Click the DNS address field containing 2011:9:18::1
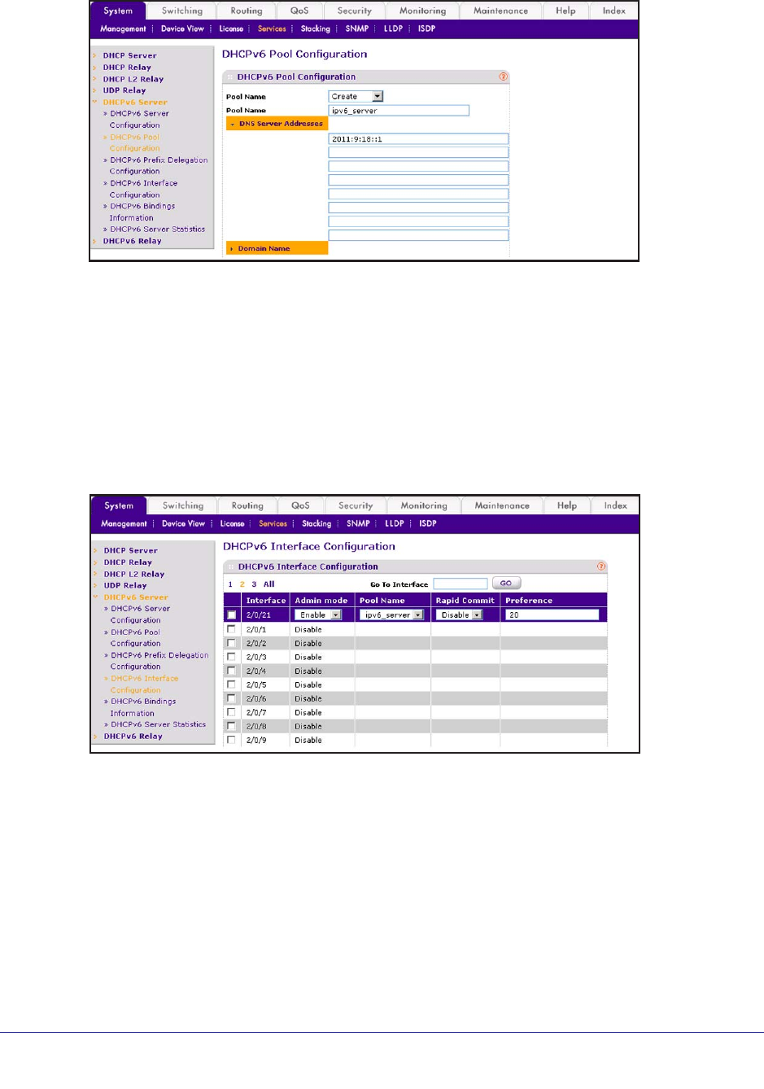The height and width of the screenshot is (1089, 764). click(x=418, y=139)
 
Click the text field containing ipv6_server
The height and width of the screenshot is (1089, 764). click(x=399, y=111)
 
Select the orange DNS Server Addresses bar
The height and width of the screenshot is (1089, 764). click(x=277, y=124)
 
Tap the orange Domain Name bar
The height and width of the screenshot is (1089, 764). click(x=277, y=248)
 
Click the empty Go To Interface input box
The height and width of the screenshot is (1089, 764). click(x=460, y=584)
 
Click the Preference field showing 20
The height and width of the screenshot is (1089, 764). click(x=552, y=615)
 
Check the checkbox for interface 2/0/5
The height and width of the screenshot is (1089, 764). click(x=232, y=684)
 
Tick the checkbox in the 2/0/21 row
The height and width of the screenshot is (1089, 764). click(x=232, y=615)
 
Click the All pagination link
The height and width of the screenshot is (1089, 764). click(x=268, y=584)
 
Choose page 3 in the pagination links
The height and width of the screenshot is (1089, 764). click(x=254, y=584)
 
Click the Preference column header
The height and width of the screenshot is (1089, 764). click(x=529, y=601)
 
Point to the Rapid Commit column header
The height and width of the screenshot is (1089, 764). click(x=465, y=601)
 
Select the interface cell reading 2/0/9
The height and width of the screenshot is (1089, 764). click(x=256, y=741)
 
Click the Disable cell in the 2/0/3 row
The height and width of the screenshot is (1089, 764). click(x=308, y=658)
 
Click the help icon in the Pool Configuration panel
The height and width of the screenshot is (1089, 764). click(x=504, y=77)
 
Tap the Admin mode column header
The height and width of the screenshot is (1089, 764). click(x=321, y=601)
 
